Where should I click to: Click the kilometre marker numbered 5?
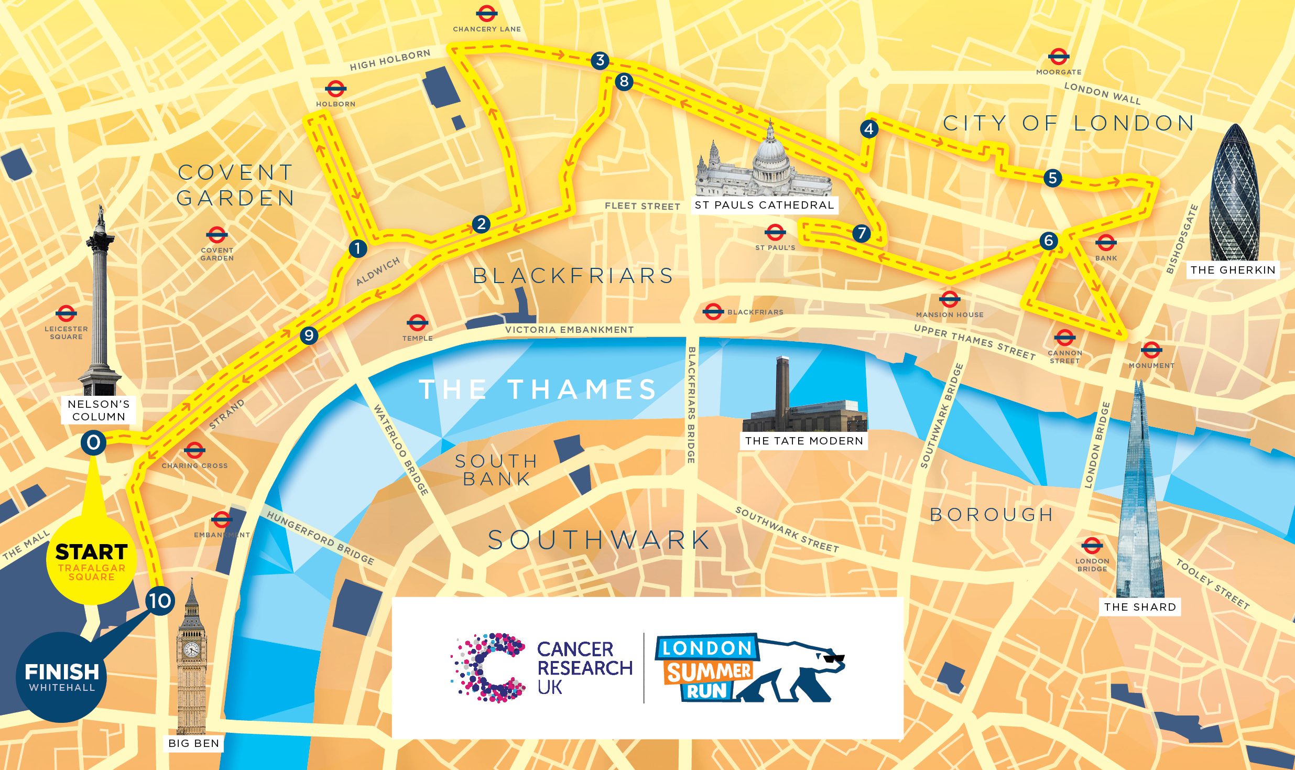pos(1052,178)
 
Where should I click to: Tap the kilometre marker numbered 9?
pos(309,335)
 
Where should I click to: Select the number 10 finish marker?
pos(160,601)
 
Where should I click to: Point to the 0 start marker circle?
pos(93,443)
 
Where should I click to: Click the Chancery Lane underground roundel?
pos(486,14)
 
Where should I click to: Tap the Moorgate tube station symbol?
pos(1058,57)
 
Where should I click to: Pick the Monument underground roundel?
pos(1151,350)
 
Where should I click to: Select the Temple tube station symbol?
pos(417,323)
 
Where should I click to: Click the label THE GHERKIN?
pos(1233,270)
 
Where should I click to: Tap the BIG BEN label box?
pos(194,743)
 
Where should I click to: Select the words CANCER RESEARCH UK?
pos(584,668)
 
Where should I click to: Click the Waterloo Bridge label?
pos(401,450)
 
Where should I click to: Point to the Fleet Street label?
pos(642,206)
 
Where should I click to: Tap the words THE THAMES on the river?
pos(538,389)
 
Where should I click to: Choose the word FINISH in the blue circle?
pos(62,672)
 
